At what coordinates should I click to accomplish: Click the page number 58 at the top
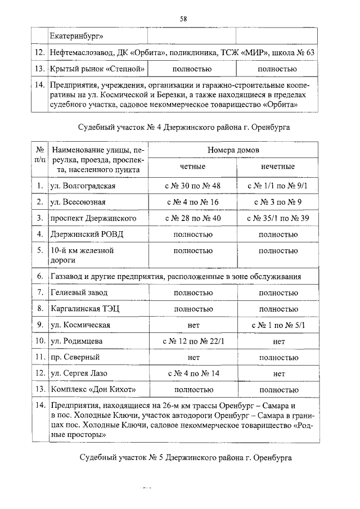pyautogui.click(x=183, y=19)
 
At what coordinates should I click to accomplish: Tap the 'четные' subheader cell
pyautogui.click(x=192, y=167)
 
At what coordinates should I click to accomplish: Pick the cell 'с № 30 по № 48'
pyautogui.click(x=192, y=186)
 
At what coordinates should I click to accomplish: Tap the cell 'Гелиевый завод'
pyautogui.click(x=77, y=292)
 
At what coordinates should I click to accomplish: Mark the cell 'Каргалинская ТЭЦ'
pyautogui.click(x=84, y=309)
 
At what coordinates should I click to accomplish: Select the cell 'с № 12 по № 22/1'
pyautogui.click(x=192, y=341)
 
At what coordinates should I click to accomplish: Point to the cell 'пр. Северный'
pyautogui.click(x=75, y=357)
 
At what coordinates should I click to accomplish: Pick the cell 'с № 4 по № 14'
pyautogui.click(x=192, y=373)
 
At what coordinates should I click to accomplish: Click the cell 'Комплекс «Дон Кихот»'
pyautogui.click(x=93, y=389)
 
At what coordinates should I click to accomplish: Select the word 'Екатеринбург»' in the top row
pyautogui.click(x=76, y=37)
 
